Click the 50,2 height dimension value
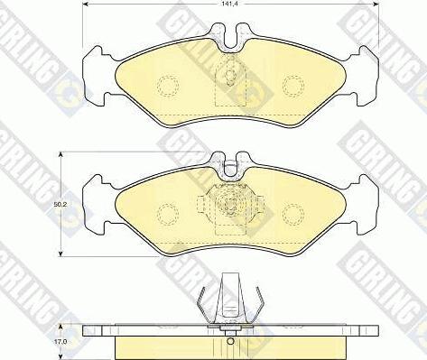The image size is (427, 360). [60, 204]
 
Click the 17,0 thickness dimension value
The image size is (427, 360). [60, 342]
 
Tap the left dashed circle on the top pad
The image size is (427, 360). [168, 86]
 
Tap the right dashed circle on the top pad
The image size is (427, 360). [293, 86]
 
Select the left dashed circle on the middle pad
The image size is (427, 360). [168, 214]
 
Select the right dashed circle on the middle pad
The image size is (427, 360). [293, 214]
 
